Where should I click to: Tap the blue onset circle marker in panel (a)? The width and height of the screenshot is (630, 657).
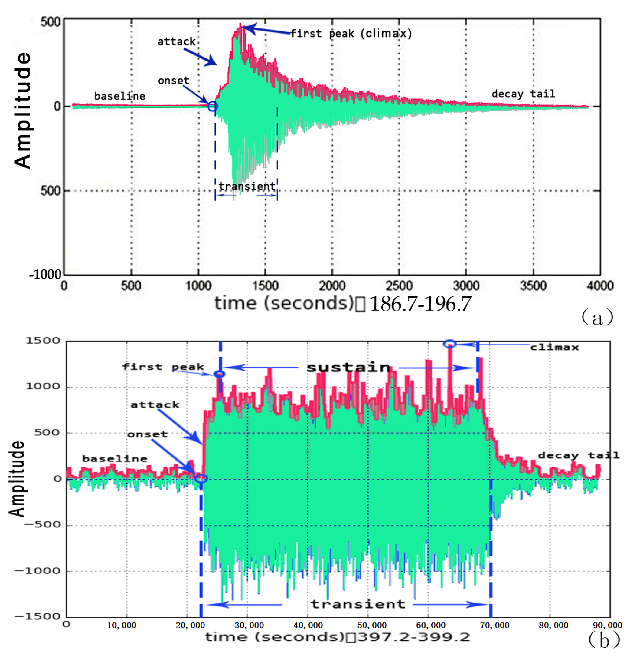(212, 107)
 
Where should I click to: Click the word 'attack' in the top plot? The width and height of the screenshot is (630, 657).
(177, 41)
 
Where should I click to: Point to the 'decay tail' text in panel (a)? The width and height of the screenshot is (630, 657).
(523, 94)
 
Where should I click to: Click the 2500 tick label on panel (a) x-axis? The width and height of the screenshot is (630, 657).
(399, 286)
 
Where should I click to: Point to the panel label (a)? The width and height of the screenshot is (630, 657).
(597, 317)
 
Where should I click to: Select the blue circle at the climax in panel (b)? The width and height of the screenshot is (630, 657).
(450, 344)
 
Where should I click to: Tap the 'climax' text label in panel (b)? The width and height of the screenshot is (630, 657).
(554, 347)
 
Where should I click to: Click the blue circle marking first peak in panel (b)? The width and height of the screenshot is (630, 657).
(219, 374)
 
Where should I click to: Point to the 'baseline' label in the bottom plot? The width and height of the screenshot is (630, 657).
(115, 459)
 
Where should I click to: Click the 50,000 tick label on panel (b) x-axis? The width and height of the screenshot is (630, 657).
(371, 625)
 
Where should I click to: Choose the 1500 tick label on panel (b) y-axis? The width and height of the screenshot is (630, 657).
(43, 341)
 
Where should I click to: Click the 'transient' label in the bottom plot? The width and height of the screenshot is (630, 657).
(358, 604)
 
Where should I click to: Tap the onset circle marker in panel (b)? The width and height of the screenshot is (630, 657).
(201, 479)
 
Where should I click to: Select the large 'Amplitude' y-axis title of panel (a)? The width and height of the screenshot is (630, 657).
(23, 111)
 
